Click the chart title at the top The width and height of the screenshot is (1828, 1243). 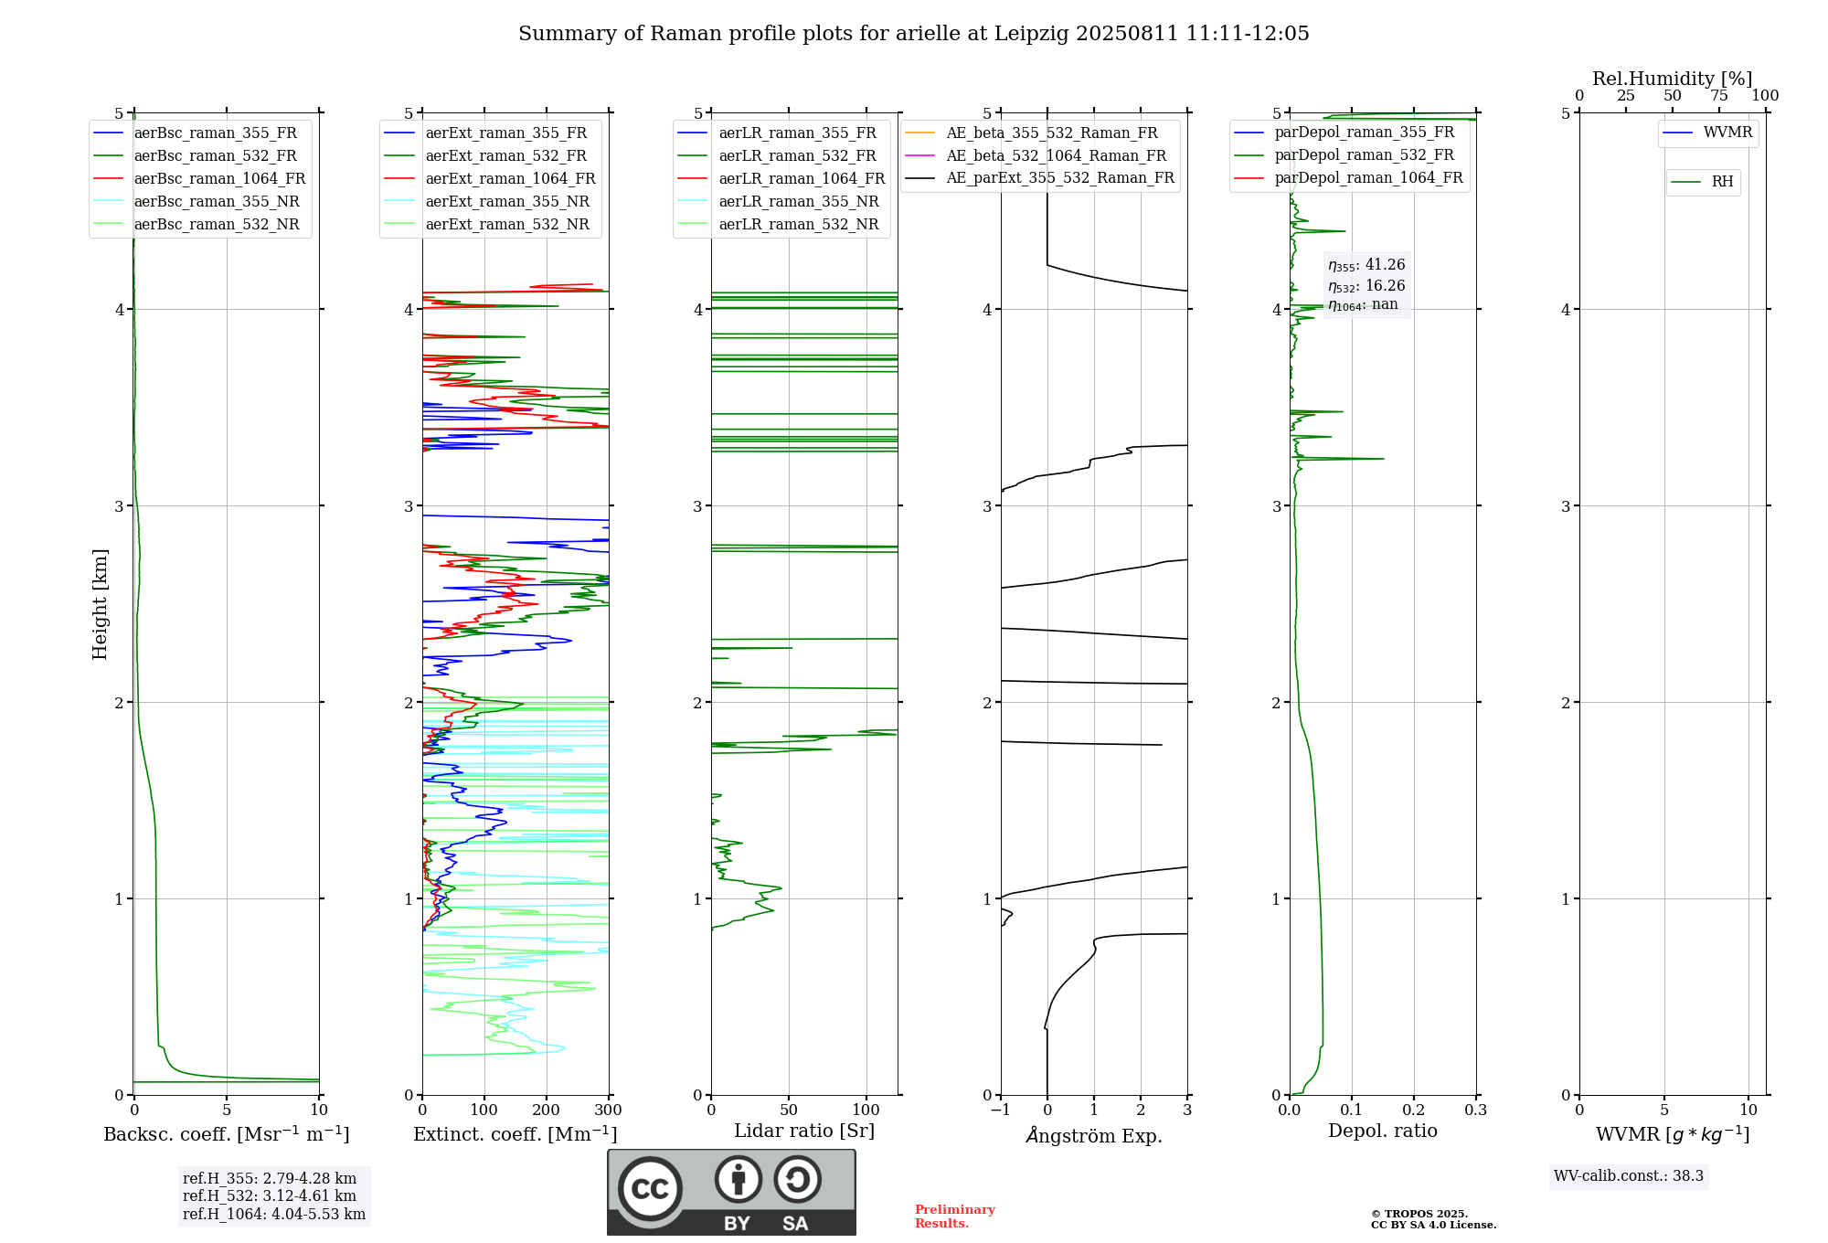pos(913,34)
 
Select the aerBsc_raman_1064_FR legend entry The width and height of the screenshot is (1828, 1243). pos(199,179)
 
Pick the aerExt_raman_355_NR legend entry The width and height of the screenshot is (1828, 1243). pos(490,202)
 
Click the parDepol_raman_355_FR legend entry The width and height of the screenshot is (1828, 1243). pos(1344,133)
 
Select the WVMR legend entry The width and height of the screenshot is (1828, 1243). pos(1708,133)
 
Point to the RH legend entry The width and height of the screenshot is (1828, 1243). pos(1703,182)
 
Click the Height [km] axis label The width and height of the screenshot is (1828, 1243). pos(100,604)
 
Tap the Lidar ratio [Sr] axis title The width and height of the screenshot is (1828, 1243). pos(804,1131)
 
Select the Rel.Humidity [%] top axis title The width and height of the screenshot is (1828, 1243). pos(1673,79)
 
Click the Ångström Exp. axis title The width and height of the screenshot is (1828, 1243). pos(1094,1135)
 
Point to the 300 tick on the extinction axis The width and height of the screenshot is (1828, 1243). pos(609,1110)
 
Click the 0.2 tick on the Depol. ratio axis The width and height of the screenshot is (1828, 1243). pos(1414,1110)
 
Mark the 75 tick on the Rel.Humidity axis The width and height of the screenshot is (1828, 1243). pos(1719,95)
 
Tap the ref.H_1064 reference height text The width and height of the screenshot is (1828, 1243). pos(274,1215)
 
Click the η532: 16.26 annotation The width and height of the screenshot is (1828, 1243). pos(1366,286)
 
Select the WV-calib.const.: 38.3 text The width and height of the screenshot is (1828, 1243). pos(1629,1176)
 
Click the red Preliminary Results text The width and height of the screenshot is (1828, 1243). pos(955,1216)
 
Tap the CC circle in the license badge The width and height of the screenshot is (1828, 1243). pos(650,1188)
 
